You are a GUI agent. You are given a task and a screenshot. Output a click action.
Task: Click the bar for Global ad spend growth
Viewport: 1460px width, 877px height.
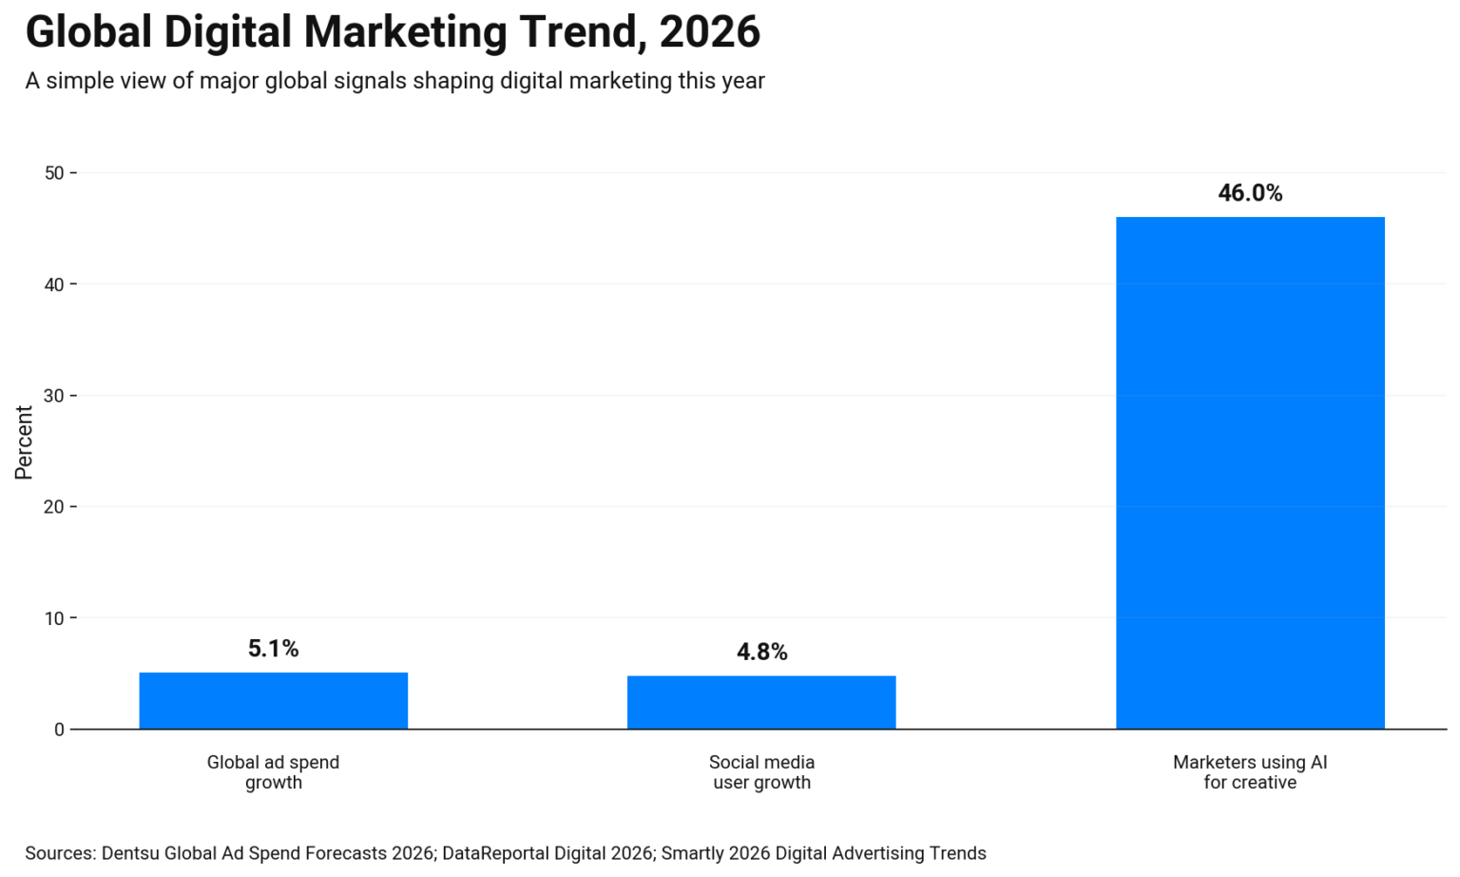[273, 700]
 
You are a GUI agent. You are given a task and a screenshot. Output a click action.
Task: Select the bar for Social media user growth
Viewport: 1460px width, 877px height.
[761, 702]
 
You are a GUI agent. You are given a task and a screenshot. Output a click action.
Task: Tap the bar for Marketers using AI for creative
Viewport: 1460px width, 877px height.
[1249, 473]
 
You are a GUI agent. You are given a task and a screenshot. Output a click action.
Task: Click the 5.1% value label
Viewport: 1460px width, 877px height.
[273, 649]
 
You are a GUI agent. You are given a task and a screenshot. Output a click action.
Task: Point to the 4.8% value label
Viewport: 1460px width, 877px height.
[761, 652]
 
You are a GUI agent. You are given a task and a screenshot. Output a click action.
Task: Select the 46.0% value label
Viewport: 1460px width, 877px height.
[1249, 193]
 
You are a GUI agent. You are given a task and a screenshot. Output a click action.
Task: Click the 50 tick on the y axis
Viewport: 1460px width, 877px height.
[54, 173]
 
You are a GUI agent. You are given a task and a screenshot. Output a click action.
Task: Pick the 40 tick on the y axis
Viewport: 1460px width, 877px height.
[54, 284]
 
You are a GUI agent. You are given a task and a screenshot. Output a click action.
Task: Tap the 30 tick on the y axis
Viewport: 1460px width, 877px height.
[54, 396]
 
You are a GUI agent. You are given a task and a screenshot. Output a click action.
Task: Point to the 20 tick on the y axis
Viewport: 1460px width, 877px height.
[54, 507]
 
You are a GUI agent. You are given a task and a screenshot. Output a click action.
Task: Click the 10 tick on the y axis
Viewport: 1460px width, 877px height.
[54, 618]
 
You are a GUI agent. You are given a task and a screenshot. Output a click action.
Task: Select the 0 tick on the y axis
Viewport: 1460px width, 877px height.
[59, 730]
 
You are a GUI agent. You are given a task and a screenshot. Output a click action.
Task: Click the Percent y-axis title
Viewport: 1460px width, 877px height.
[24, 442]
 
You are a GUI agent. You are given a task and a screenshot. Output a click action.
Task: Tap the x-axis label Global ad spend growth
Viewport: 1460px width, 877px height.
[273, 772]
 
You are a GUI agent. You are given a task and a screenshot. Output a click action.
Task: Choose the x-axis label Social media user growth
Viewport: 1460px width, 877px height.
[761, 772]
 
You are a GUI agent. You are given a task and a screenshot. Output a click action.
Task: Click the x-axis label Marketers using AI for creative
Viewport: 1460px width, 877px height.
[1249, 772]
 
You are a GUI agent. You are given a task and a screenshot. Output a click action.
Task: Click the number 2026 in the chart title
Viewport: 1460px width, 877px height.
[709, 32]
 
